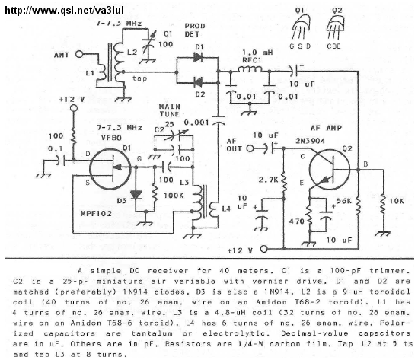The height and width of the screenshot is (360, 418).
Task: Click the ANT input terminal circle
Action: coord(79,54)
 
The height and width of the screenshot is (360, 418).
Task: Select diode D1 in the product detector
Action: coord(198,57)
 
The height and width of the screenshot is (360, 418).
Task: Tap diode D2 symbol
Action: coord(198,83)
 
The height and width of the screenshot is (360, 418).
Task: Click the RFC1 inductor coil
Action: coord(250,69)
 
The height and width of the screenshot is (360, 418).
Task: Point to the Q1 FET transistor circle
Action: coord(110,169)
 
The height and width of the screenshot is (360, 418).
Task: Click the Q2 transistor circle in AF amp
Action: coord(330,170)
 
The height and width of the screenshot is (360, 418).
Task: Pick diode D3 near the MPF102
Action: coord(136,195)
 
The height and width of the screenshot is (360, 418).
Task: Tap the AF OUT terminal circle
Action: coord(250,148)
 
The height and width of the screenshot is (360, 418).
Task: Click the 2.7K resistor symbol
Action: coord(284,183)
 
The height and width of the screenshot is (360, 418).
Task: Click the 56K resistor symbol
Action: coord(358,205)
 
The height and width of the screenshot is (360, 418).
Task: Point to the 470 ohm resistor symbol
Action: coord(310,216)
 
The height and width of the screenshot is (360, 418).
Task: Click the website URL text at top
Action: coord(64,11)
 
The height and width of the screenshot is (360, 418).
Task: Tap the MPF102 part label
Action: coord(96,213)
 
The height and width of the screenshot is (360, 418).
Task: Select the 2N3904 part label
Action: coord(310,141)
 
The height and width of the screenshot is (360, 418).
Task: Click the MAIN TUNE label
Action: coord(170,110)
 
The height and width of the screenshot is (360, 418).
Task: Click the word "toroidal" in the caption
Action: coord(390,292)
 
